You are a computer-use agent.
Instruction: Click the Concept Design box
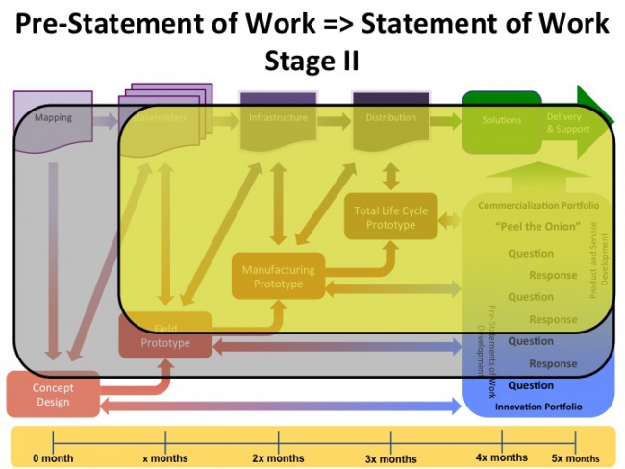(53, 395)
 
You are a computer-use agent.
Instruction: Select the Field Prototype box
(165, 336)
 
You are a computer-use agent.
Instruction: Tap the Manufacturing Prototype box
(279, 277)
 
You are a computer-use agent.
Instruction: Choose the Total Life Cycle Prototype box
(390, 218)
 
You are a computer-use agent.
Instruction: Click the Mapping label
(53, 118)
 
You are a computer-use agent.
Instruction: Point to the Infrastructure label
(278, 118)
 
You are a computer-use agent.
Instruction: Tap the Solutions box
(502, 120)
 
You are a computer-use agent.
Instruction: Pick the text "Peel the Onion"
(537, 227)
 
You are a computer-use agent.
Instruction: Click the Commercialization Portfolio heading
(538, 206)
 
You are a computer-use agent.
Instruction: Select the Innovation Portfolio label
(538, 407)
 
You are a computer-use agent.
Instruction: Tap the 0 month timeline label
(53, 458)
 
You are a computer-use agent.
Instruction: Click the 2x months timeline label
(278, 458)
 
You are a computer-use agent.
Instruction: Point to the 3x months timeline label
(390, 458)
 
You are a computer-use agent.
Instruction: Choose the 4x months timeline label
(502, 457)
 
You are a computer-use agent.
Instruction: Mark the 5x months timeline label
(576, 458)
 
